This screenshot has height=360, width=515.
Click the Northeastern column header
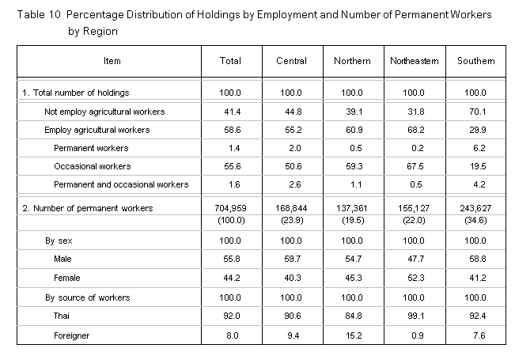(x=415, y=61)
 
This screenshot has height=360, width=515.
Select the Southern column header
(x=476, y=61)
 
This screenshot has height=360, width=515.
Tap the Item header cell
(x=112, y=61)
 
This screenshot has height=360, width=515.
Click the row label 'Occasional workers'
(x=93, y=166)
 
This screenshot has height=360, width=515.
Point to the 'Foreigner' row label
(x=72, y=335)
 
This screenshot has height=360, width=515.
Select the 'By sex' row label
(x=59, y=241)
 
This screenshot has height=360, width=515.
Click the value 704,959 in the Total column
(x=230, y=208)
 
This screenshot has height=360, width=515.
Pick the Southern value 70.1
(x=478, y=112)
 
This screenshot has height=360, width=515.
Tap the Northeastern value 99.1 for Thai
(x=416, y=316)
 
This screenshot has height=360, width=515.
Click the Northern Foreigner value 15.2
(x=354, y=335)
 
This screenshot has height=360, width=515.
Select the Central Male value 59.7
(x=293, y=259)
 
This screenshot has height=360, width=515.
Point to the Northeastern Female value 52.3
(x=416, y=278)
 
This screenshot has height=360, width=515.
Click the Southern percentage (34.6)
(x=475, y=220)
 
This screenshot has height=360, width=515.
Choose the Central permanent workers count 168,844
(x=291, y=208)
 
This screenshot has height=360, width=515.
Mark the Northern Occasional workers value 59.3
(x=354, y=166)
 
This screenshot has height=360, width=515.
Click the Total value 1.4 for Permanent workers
(x=234, y=148)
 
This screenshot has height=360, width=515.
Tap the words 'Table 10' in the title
(x=39, y=15)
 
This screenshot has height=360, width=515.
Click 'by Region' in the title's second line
(x=93, y=31)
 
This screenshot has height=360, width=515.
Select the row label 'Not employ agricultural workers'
(x=104, y=112)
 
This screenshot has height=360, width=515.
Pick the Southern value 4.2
(x=479, y=184)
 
